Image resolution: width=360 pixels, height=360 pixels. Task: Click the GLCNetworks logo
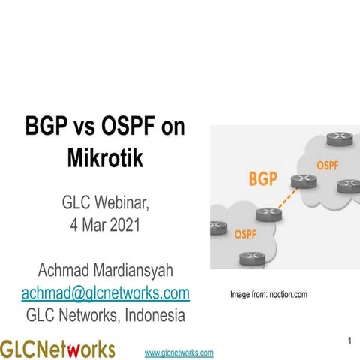tap(58, 349)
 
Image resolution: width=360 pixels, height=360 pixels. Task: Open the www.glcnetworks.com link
tap(178, 352)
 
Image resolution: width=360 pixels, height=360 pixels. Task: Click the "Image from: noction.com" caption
tap(268, 295)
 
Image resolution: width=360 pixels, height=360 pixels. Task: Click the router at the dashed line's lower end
tap(266, 214)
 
